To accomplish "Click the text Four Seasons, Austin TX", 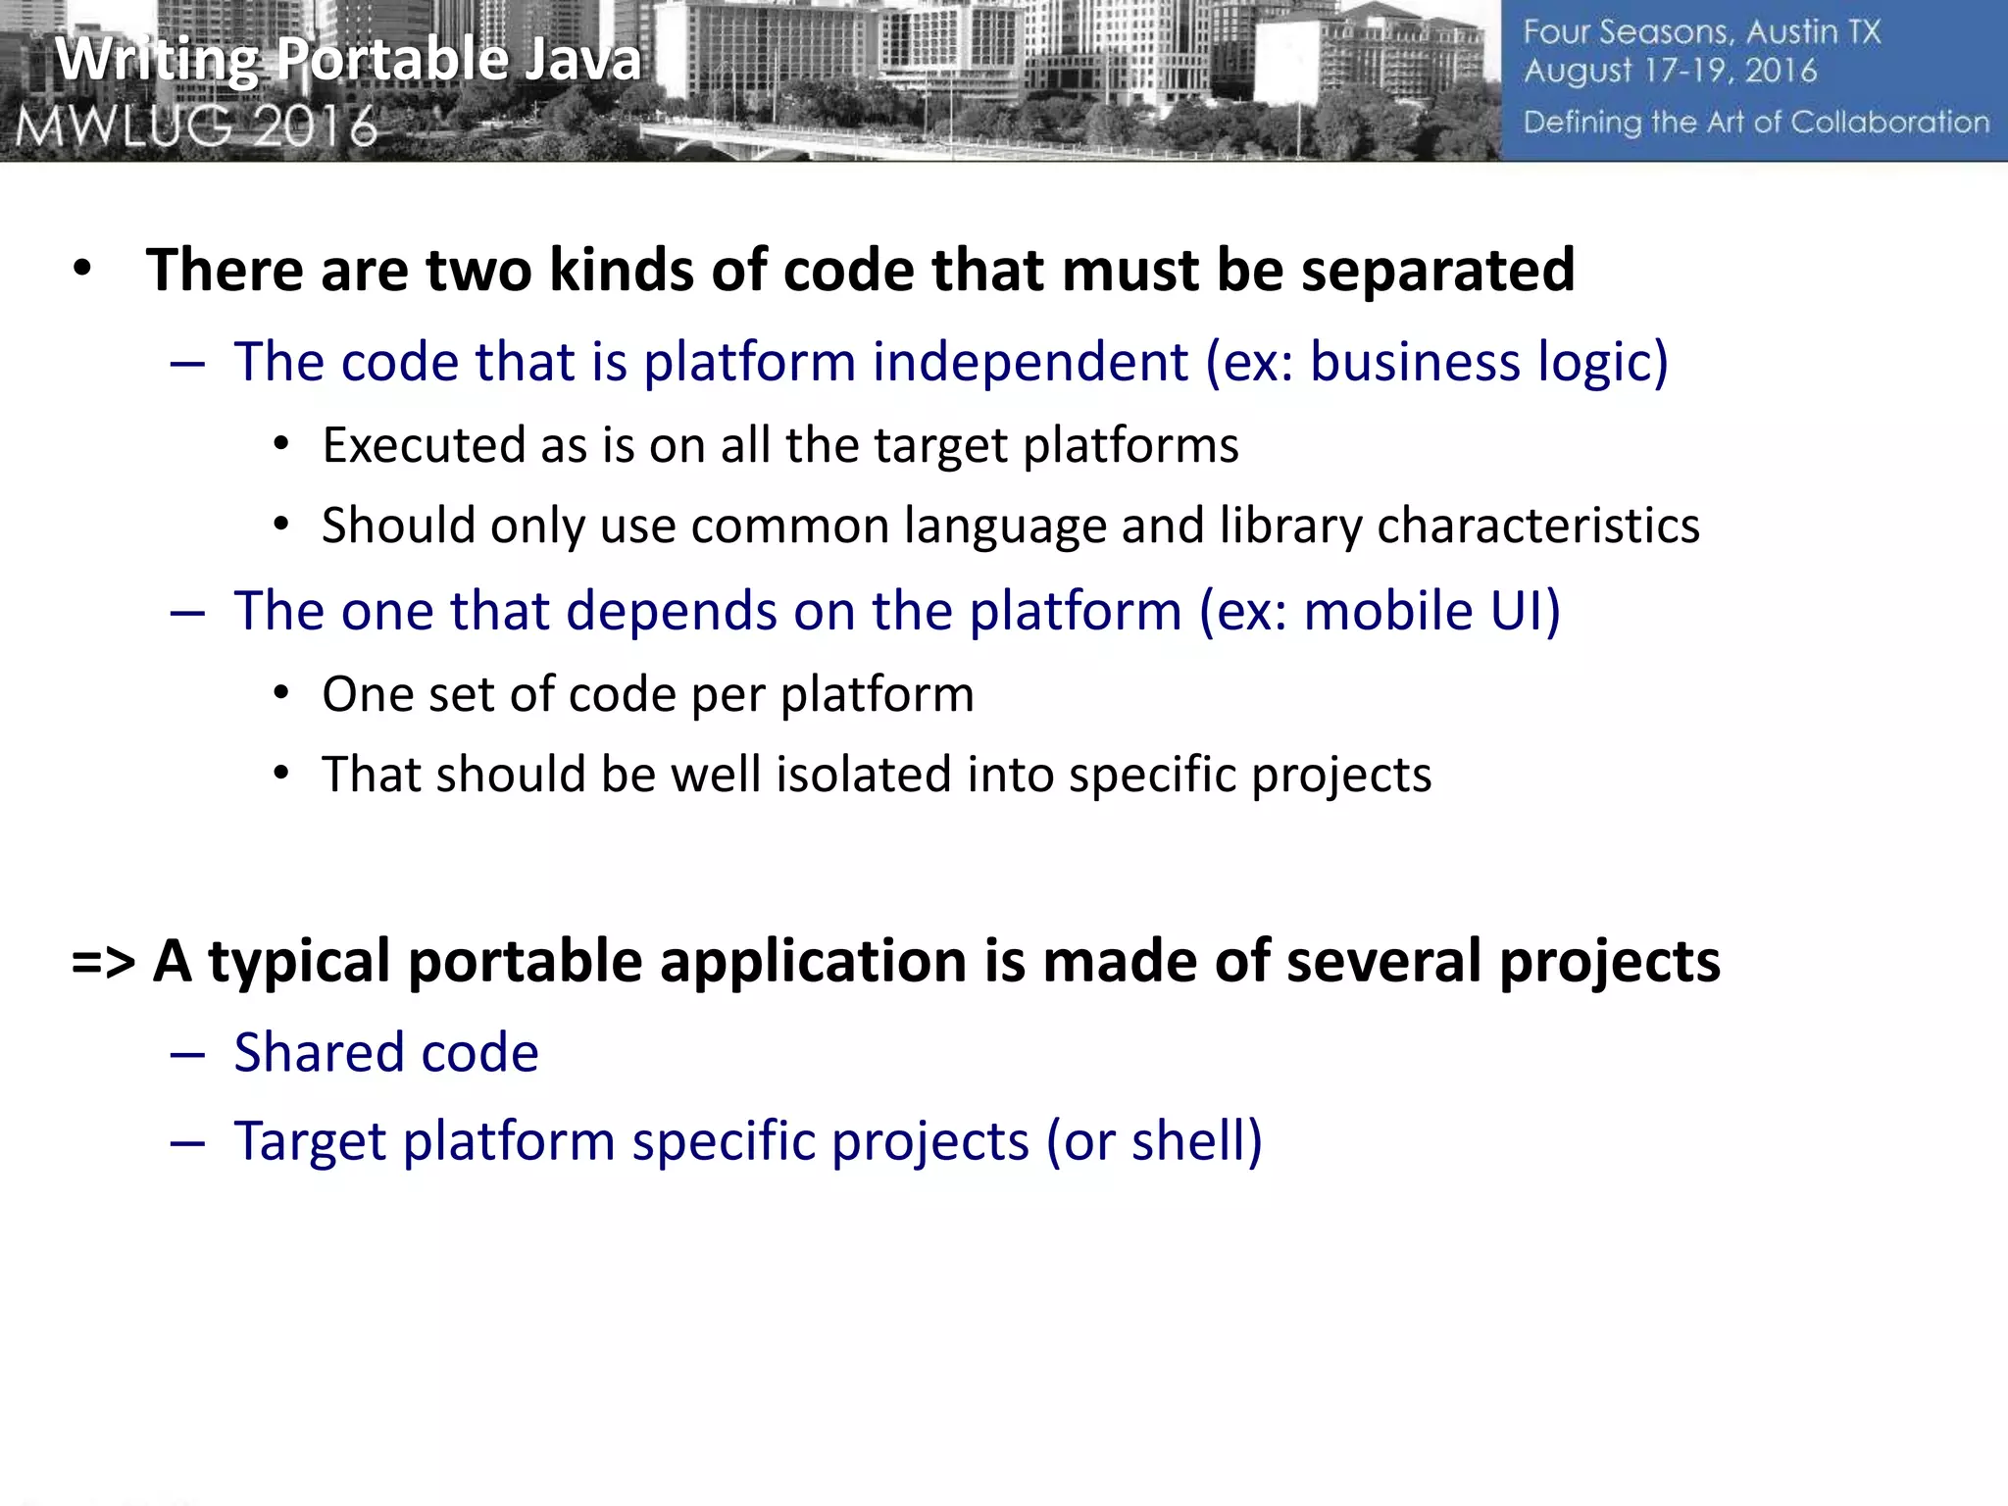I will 1701,32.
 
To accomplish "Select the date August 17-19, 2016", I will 1670,72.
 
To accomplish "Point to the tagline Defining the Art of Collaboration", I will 1756,123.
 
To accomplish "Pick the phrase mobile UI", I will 1431,611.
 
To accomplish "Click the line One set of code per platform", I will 647,694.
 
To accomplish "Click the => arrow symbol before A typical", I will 103,961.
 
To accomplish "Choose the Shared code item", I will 385,1053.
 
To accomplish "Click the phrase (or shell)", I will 1154,1141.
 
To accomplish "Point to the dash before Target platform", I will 186,1142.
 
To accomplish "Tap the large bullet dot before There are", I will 82,269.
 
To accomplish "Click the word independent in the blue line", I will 1029,362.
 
